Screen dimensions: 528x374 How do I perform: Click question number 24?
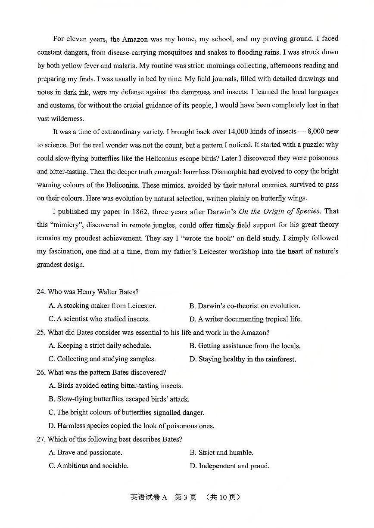(x=41, y=292)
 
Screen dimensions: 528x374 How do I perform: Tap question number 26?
(x=41, y=373)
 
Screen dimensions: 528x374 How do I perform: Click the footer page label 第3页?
(x=185, y=497)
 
